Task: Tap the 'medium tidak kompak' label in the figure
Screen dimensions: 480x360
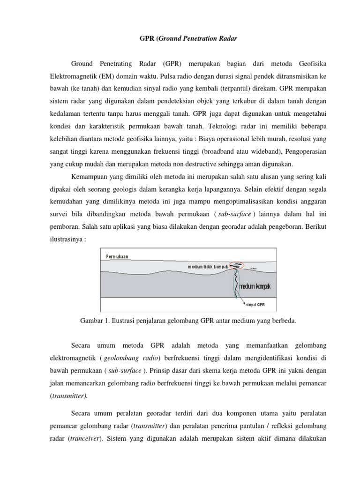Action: pyautogui.click(x=208, y=267)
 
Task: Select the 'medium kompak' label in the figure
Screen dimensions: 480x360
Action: pyautogui.click(x=255, y=286)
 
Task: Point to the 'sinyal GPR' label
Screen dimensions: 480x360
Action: pyautogui.click(x=256, y=304)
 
